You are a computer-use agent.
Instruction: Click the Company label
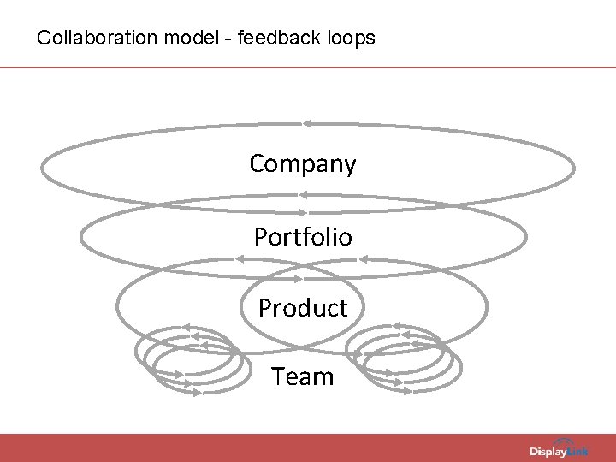coord(303,163)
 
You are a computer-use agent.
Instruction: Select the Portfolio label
coord(303,237)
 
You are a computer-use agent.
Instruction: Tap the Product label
coord(303,308)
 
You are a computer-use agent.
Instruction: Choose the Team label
coord(303,376)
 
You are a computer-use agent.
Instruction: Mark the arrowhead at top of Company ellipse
coord(306,124)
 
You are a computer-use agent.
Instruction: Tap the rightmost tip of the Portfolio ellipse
coord(526,237)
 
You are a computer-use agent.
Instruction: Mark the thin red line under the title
coord(308,68)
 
